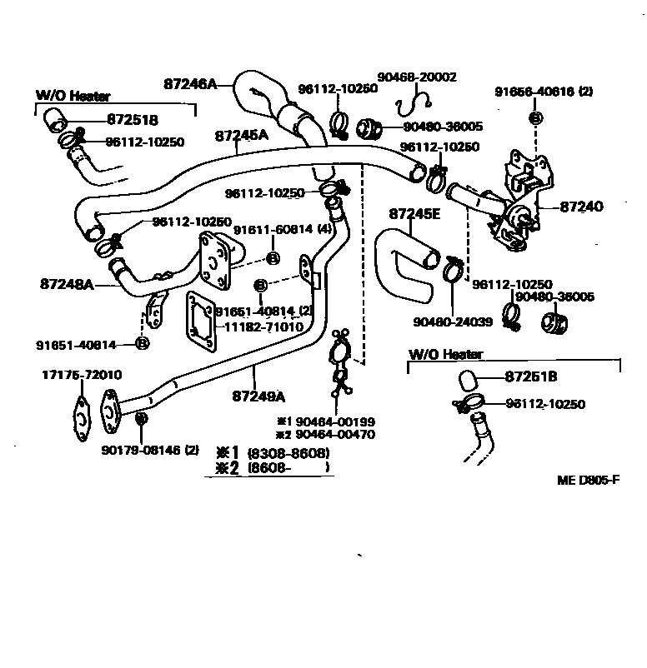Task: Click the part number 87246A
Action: tap(190, 83)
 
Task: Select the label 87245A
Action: tap(241, 135)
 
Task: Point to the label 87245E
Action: tap(414, 213)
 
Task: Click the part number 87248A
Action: tap(66, 283)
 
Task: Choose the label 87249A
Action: tap(258, 395)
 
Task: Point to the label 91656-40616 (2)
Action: tap(543, 92)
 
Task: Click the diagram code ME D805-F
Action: tap(589, 480)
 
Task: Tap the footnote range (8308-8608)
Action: tap(288, 453)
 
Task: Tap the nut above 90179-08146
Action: tap(142, 416)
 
